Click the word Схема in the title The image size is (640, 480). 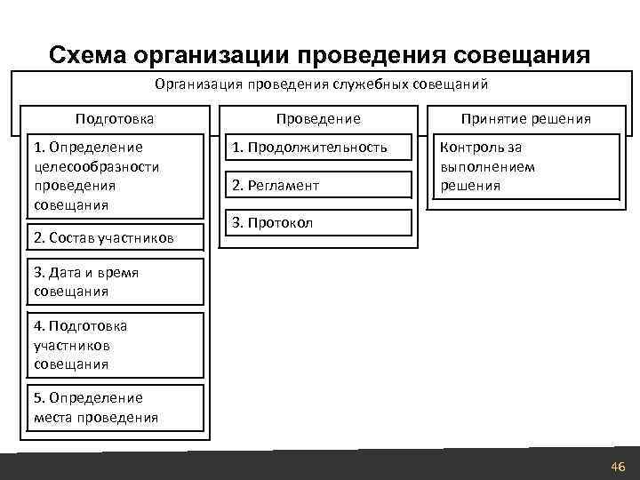click(87, 55)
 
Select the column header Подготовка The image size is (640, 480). click(115, 118)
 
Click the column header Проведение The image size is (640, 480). click(318, 118)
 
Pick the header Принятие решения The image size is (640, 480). click(524, 118)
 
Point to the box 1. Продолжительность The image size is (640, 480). click(317, 147)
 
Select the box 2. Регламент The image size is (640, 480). click(317, 185)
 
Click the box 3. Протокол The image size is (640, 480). click(317, 222)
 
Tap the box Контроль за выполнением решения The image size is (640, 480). click(524, 166)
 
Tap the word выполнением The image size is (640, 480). click(487, 166)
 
